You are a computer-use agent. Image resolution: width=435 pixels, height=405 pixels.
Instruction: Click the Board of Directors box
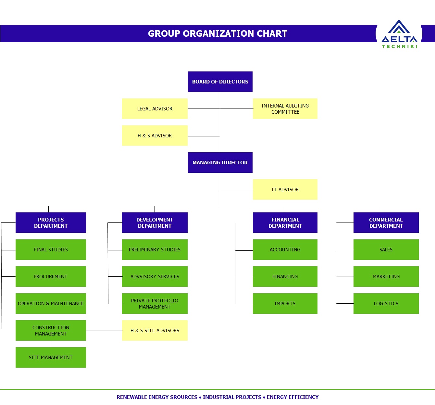pos(220,82)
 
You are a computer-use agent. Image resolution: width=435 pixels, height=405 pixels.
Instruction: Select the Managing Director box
pos(220,162)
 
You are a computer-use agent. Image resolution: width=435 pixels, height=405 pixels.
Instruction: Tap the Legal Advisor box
pos(155,108)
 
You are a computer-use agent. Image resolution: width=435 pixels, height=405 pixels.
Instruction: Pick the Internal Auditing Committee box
pos(285,108)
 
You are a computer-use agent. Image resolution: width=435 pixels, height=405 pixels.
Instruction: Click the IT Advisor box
pos(285,189)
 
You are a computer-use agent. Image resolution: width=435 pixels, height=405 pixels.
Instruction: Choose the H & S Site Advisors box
pos(155,330)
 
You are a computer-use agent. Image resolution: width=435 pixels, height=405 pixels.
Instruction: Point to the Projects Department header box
pos(51,222)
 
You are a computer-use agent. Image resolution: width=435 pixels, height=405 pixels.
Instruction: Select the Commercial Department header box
pos(386,222)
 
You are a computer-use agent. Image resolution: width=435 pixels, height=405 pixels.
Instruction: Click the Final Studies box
pos(51,249)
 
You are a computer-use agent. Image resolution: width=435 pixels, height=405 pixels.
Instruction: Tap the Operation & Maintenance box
pos(51,303)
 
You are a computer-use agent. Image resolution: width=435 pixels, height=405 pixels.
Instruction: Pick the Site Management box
pos(51,357)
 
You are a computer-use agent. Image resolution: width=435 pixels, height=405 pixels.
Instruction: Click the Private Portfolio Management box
pos(155,303)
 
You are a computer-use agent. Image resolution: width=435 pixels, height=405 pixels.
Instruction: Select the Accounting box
pos(285,249)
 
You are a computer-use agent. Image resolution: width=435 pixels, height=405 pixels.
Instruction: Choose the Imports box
pos(285,303)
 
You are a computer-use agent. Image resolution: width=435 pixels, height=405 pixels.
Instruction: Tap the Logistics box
pos(386,303)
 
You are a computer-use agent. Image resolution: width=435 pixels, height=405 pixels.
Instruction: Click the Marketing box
pos(386,276)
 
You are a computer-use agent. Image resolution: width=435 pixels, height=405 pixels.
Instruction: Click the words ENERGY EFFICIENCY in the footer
pos(292,397)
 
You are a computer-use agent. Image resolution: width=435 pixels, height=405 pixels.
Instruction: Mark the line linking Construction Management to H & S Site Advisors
pos(104,331)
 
